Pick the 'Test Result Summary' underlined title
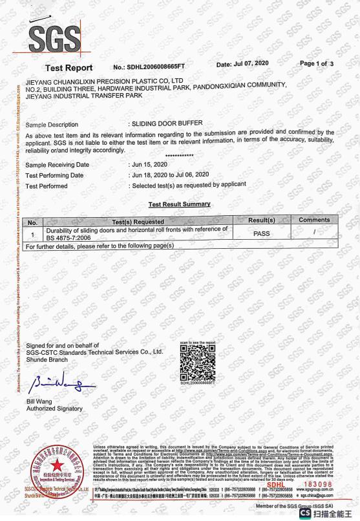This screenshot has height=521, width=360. click(179, 204)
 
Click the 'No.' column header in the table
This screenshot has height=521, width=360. click(30, 221)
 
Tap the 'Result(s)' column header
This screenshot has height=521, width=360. click(262, 220)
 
